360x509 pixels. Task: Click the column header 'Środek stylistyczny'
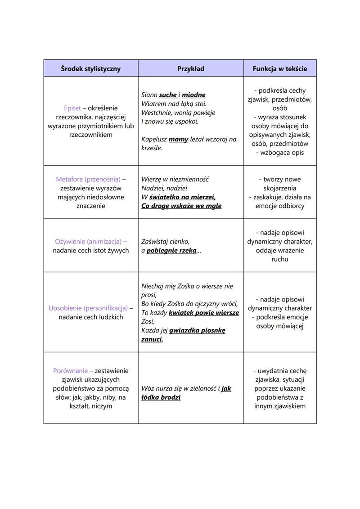tap(91, 69)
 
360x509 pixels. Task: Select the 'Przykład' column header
tap(191, 69)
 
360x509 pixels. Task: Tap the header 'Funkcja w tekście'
tap(280, 69)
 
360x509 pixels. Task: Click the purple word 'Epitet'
tap(72, 108)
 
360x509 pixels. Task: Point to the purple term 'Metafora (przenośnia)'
tap(88, 179)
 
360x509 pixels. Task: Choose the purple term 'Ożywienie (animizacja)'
tap(88, 241)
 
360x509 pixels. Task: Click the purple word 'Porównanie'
tap(70, 371)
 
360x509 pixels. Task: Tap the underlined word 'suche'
tap(168, 95)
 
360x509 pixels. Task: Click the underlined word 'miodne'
tap(193, 95)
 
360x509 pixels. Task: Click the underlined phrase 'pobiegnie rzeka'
tap(171, 250)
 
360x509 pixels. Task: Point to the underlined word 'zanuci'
tap(152, 339)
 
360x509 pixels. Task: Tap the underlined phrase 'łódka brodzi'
tap(161, 397)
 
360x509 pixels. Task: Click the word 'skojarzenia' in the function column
tap(279, 188)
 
